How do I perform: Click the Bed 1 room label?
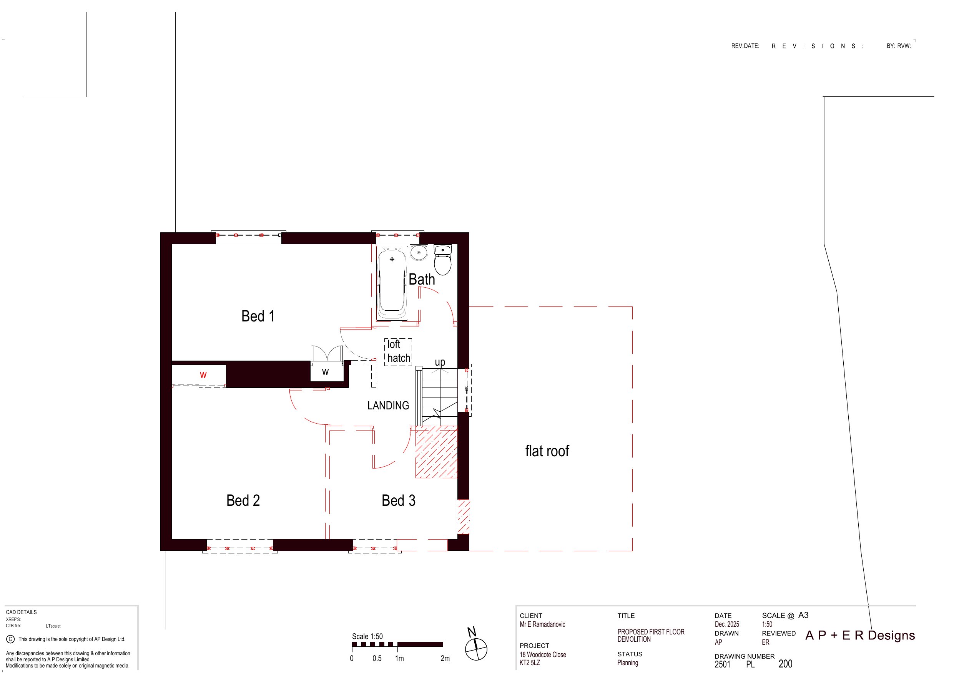tap(258, 316)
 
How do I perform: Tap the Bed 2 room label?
tap(243, 500)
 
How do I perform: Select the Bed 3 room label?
tap(399, 500)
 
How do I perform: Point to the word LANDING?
tap(388, 405)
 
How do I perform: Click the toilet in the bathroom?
tap(442, 260)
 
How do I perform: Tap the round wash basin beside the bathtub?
tap(419, 252)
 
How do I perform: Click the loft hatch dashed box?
tap(398, 352)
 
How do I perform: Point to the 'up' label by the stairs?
tap(440, 363)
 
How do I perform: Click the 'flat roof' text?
tap(547, 451)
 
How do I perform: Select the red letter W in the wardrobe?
tap(203, 375)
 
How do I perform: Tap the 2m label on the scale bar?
tap(445, 659)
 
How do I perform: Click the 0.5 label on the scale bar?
tap(377, 659)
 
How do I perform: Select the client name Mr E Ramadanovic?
tap(542, 624)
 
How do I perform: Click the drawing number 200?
tap(785, 664)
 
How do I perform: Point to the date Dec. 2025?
tap(727, 624)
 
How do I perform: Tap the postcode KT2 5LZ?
tap(530, 663)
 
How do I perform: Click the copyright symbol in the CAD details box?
tap(10, 639)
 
